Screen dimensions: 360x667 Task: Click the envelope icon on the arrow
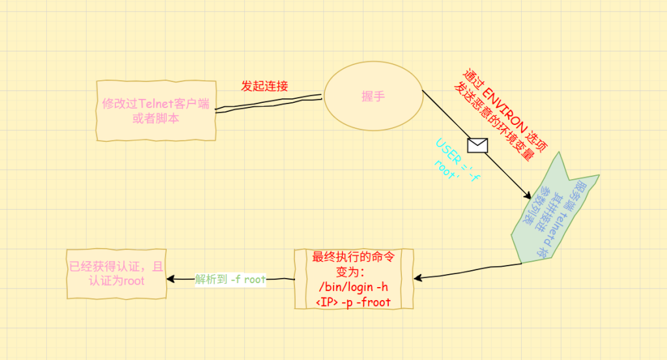point(477,145)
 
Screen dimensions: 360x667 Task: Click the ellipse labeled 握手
point(373,96)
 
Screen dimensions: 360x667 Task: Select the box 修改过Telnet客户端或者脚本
point(156,111)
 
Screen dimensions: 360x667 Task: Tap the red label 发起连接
point(264,86)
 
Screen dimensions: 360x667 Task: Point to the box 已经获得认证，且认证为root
point(117,273)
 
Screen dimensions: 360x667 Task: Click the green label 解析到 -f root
point(231,279)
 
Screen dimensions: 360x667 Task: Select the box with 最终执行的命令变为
point(354,279)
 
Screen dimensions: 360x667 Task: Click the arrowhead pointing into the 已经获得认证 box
point(171,279)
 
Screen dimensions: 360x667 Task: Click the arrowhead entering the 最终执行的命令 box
point(419,278)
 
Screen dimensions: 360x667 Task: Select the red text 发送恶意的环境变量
point(495,121)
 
